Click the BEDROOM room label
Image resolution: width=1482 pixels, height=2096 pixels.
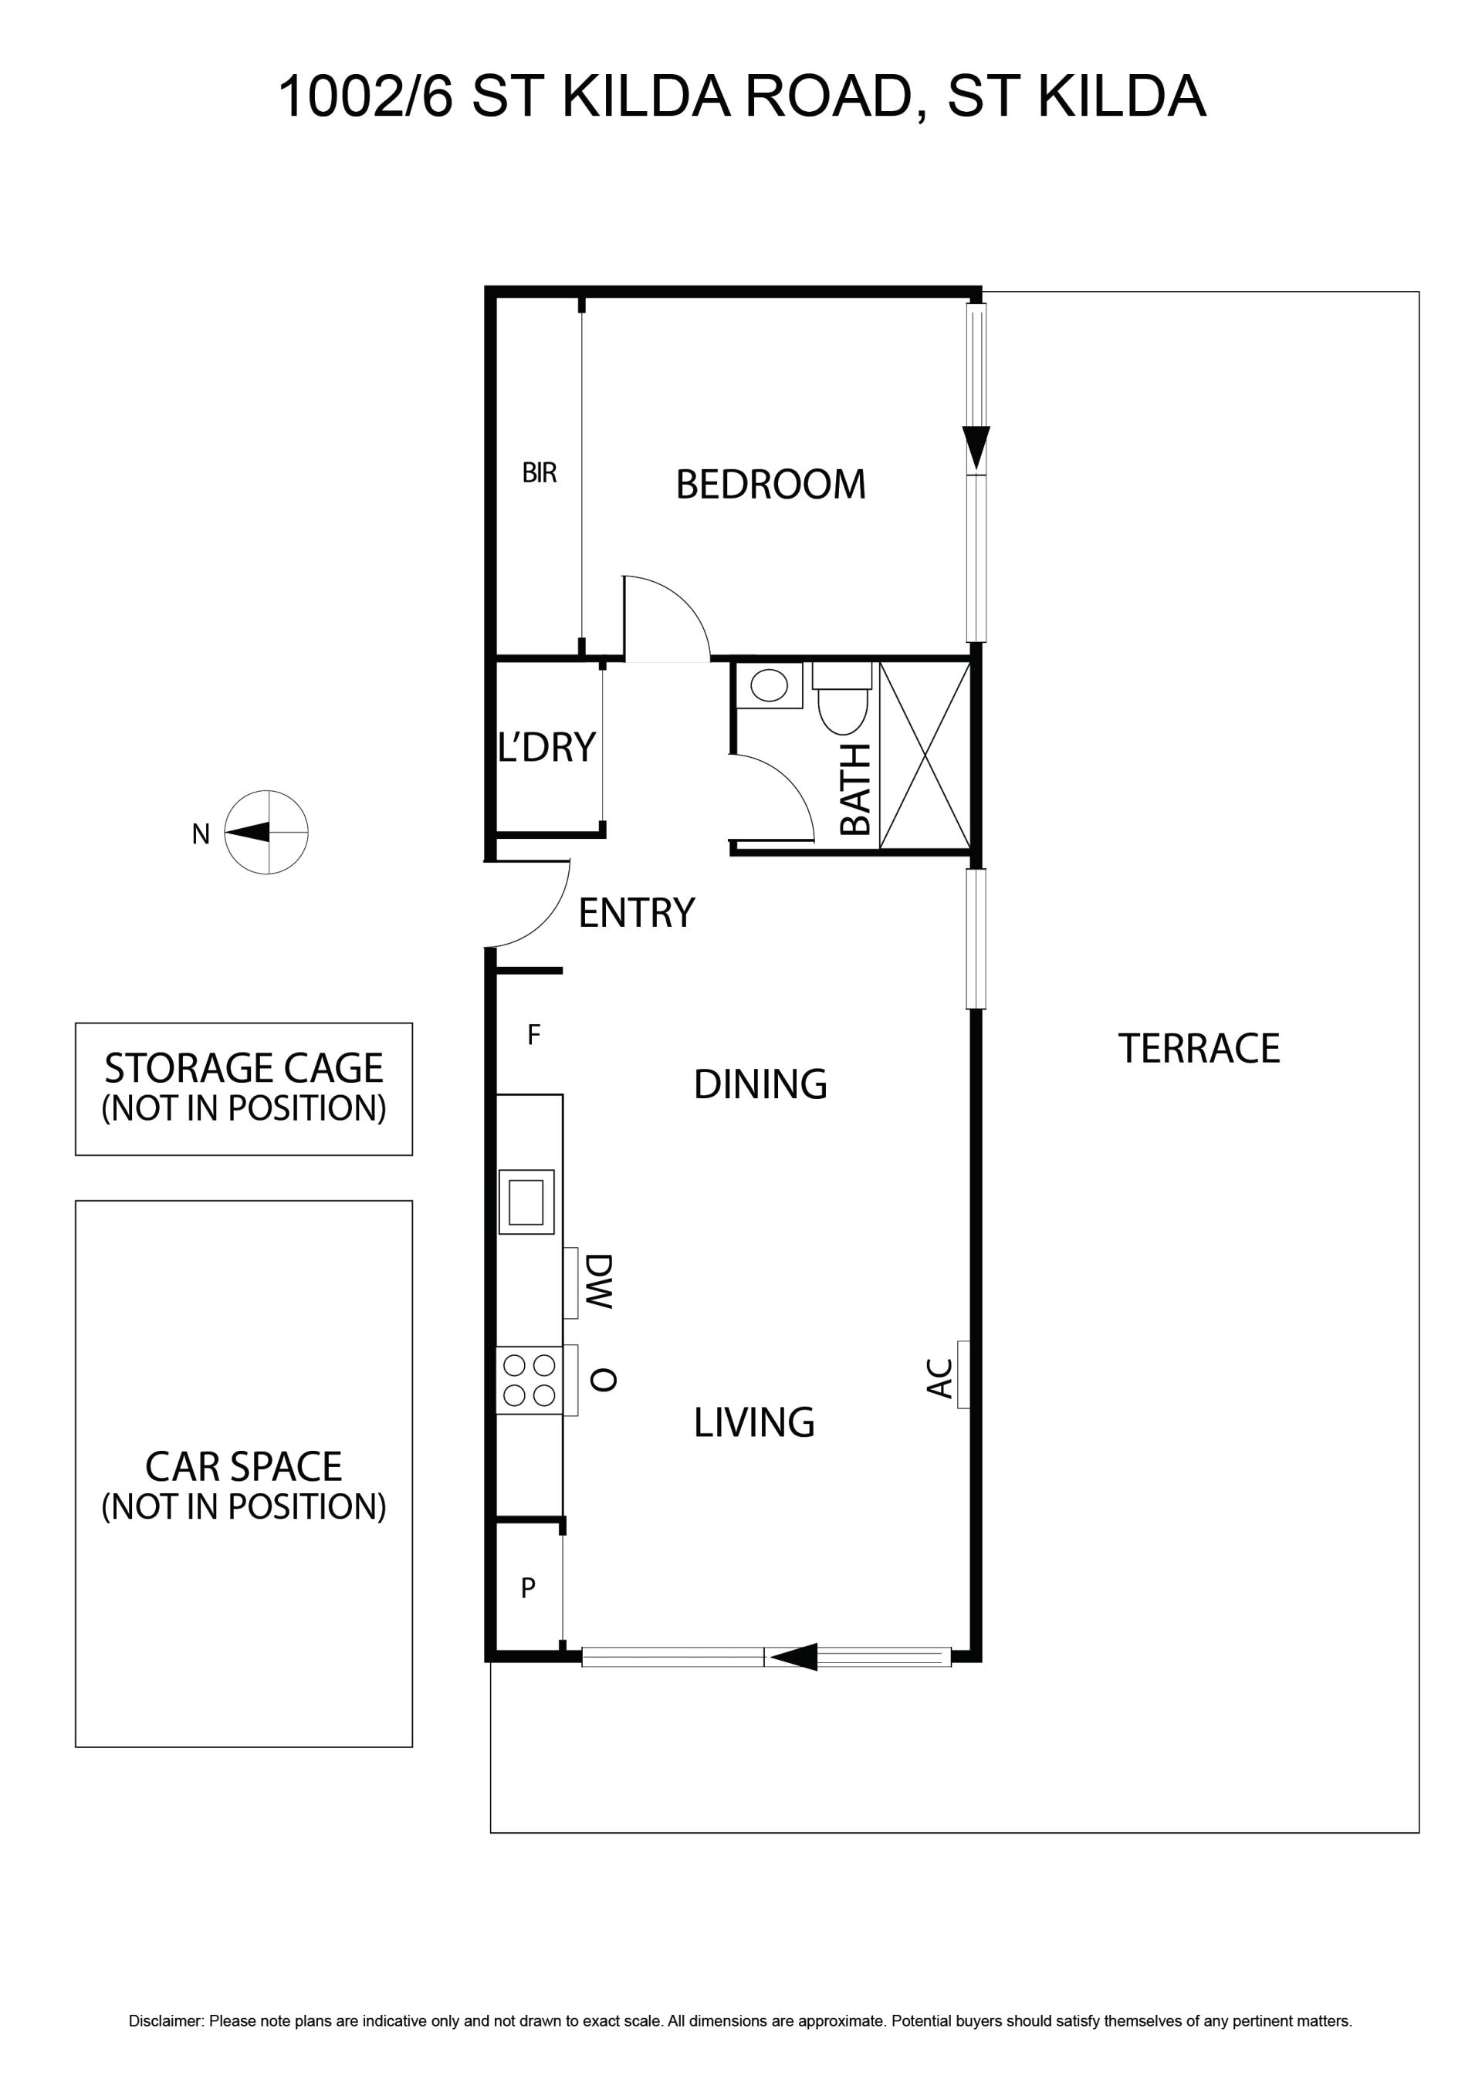pos(770,485)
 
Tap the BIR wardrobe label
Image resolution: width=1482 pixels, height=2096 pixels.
pos(539,473)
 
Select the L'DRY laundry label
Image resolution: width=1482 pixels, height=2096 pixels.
pos(546,747)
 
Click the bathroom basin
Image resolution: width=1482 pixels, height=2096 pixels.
pos(769,685)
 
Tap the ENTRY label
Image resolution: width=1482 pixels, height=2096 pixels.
pos(637,913)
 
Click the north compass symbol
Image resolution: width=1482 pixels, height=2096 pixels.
pos(266,833)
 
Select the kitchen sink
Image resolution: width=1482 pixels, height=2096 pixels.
pos(526,1202)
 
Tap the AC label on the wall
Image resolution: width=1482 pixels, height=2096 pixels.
pos(939,1378)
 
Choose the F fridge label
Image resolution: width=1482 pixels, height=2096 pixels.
pos(534,1034)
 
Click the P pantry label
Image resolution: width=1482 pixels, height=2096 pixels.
pos(528,1588)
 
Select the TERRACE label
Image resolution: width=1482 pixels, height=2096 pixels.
pos(1199,1048)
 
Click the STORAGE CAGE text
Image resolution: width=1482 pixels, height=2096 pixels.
pos(244,1068)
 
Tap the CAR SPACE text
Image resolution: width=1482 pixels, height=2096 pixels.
pos(244,1467)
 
